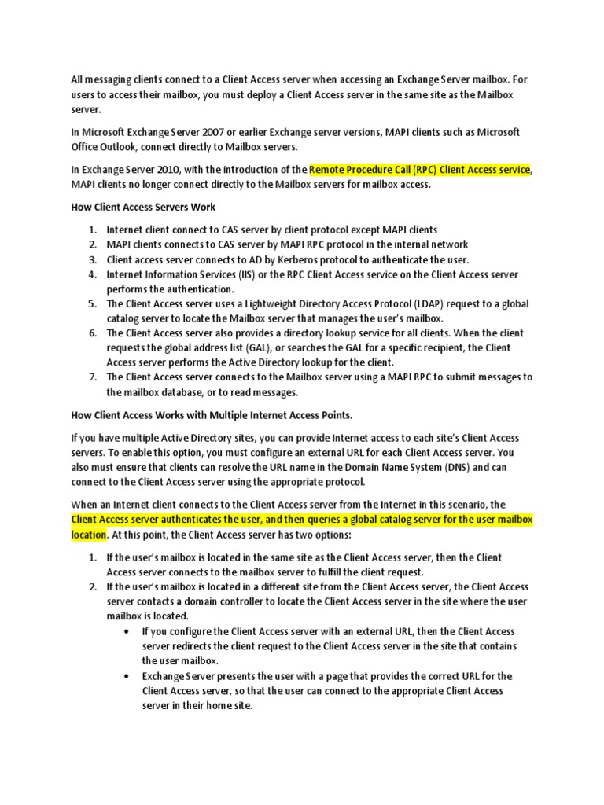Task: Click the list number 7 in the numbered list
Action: click(91, 377)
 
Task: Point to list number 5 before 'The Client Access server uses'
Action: click(91, 304)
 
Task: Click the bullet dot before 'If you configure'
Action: click(127, 631)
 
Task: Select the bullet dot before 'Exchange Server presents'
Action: click(127, 676)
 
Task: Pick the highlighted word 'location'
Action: click(88, 535)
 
